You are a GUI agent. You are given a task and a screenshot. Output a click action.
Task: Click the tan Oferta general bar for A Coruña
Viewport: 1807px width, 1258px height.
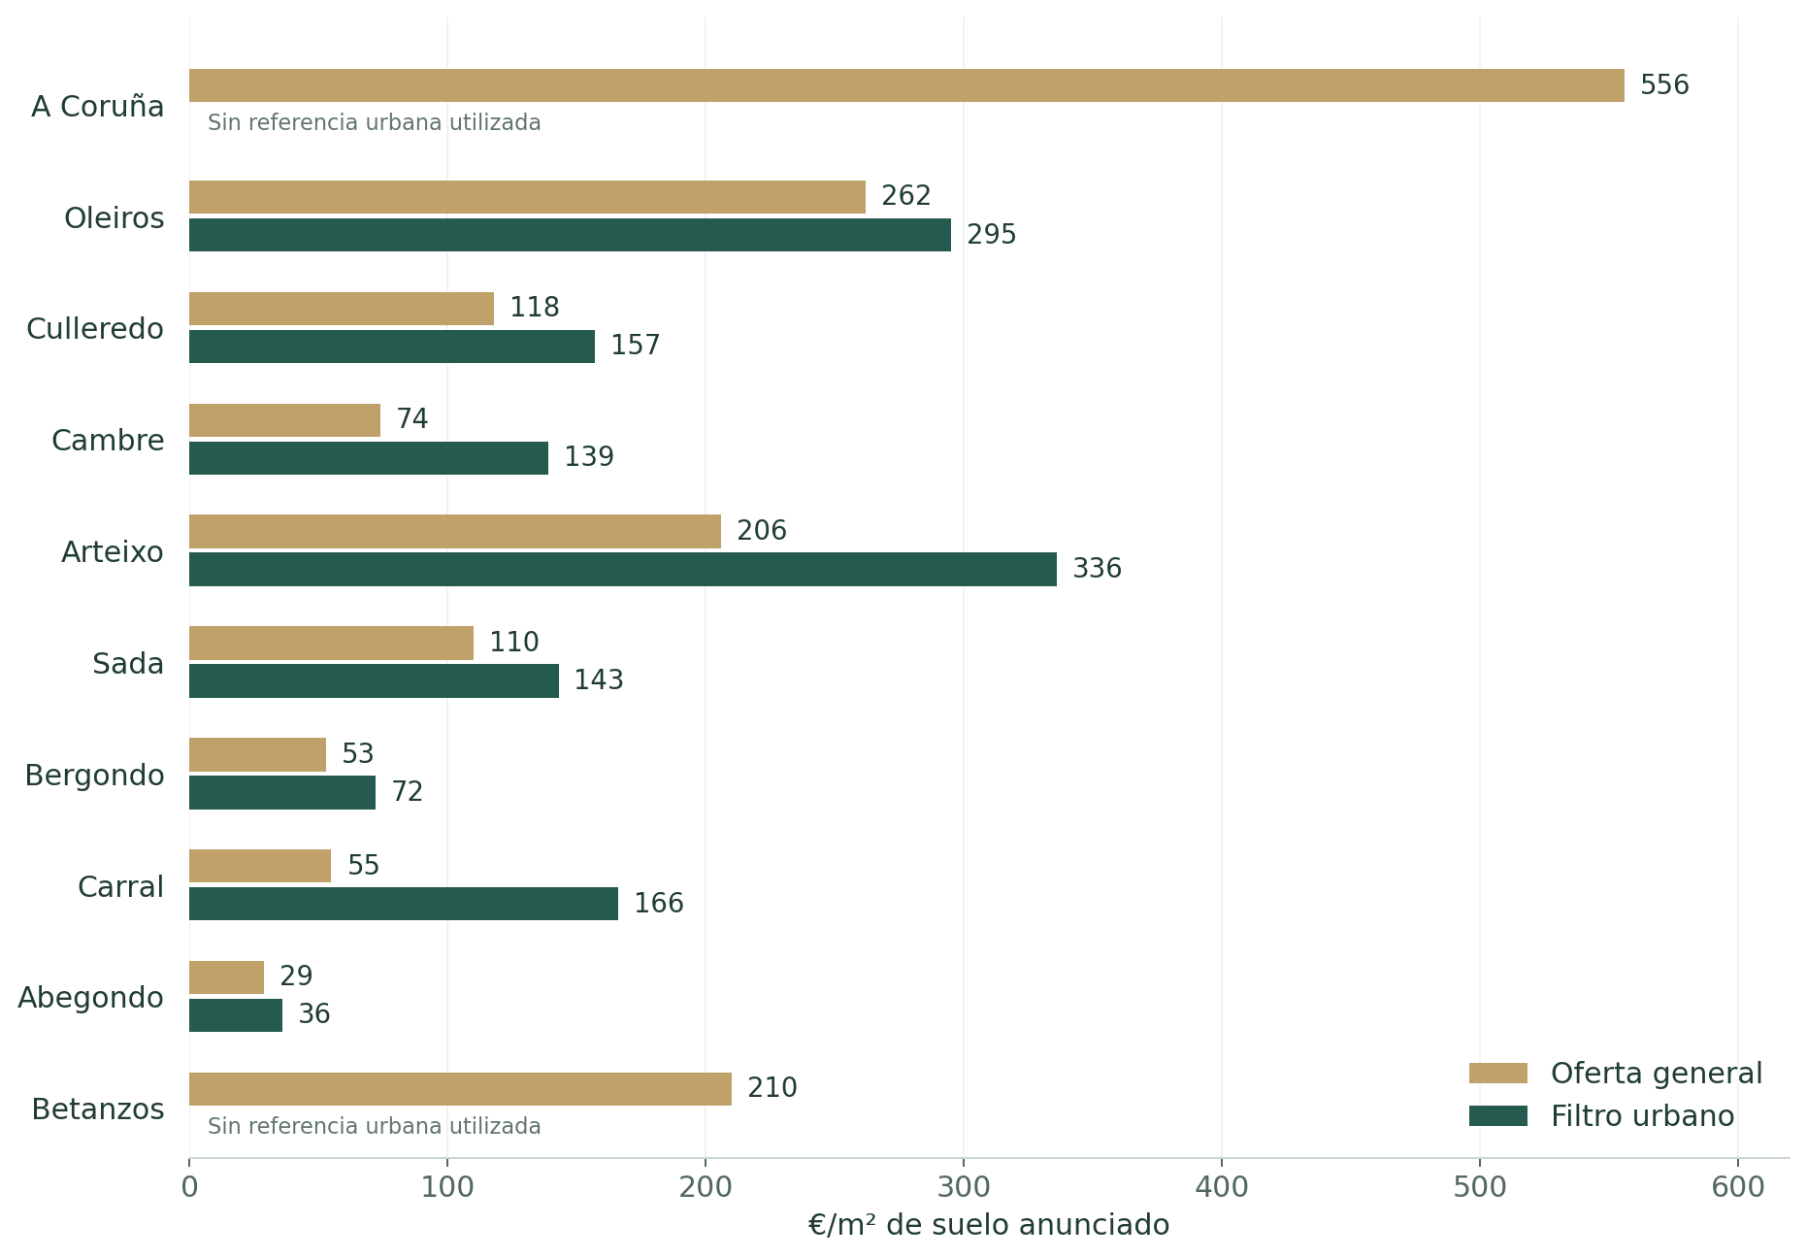(906, 85)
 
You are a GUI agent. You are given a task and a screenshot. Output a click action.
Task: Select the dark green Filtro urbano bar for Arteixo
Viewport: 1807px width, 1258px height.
(623, 569)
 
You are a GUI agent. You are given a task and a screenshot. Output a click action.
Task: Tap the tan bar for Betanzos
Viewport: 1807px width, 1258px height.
(460, 1089)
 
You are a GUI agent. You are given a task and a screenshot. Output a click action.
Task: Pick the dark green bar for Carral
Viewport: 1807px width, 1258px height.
(404, 904)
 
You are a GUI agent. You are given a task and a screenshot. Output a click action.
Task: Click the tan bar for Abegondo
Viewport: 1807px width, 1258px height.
(226, 977)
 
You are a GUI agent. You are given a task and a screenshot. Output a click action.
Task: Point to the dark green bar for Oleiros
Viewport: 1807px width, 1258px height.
(570, 235)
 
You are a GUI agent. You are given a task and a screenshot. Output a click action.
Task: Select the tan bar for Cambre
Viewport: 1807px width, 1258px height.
(284, 420)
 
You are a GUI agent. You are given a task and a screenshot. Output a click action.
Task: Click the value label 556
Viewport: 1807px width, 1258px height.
(1664, 85)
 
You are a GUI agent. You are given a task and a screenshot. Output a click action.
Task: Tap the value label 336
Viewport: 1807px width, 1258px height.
(1097, 569)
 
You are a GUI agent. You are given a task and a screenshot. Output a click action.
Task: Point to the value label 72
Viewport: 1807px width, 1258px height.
(408, 792)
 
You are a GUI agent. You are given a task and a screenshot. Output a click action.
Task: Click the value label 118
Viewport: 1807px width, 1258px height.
(535, 308)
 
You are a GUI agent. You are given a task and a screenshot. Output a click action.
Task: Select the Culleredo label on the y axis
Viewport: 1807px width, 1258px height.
(95, 329)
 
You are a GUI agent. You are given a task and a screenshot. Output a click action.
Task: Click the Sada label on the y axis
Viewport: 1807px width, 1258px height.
(128, 664)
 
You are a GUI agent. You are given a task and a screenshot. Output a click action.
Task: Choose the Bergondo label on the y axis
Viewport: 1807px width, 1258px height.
(94, 776)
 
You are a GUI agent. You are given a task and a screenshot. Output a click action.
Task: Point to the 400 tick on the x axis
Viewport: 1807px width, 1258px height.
(1222, 1187)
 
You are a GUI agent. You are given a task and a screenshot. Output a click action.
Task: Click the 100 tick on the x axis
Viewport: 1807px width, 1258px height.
(447, 1187)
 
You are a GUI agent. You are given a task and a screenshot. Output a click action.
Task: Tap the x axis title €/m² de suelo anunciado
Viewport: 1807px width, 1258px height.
(989, 1225)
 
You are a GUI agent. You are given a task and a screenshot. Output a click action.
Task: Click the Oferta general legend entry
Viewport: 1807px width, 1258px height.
(1616, 1074)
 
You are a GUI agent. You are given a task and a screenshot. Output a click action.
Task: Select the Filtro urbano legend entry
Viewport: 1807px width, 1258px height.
(1601, 1116)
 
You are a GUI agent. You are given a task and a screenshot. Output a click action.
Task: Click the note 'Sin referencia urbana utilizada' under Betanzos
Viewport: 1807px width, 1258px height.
(375, 1127)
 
